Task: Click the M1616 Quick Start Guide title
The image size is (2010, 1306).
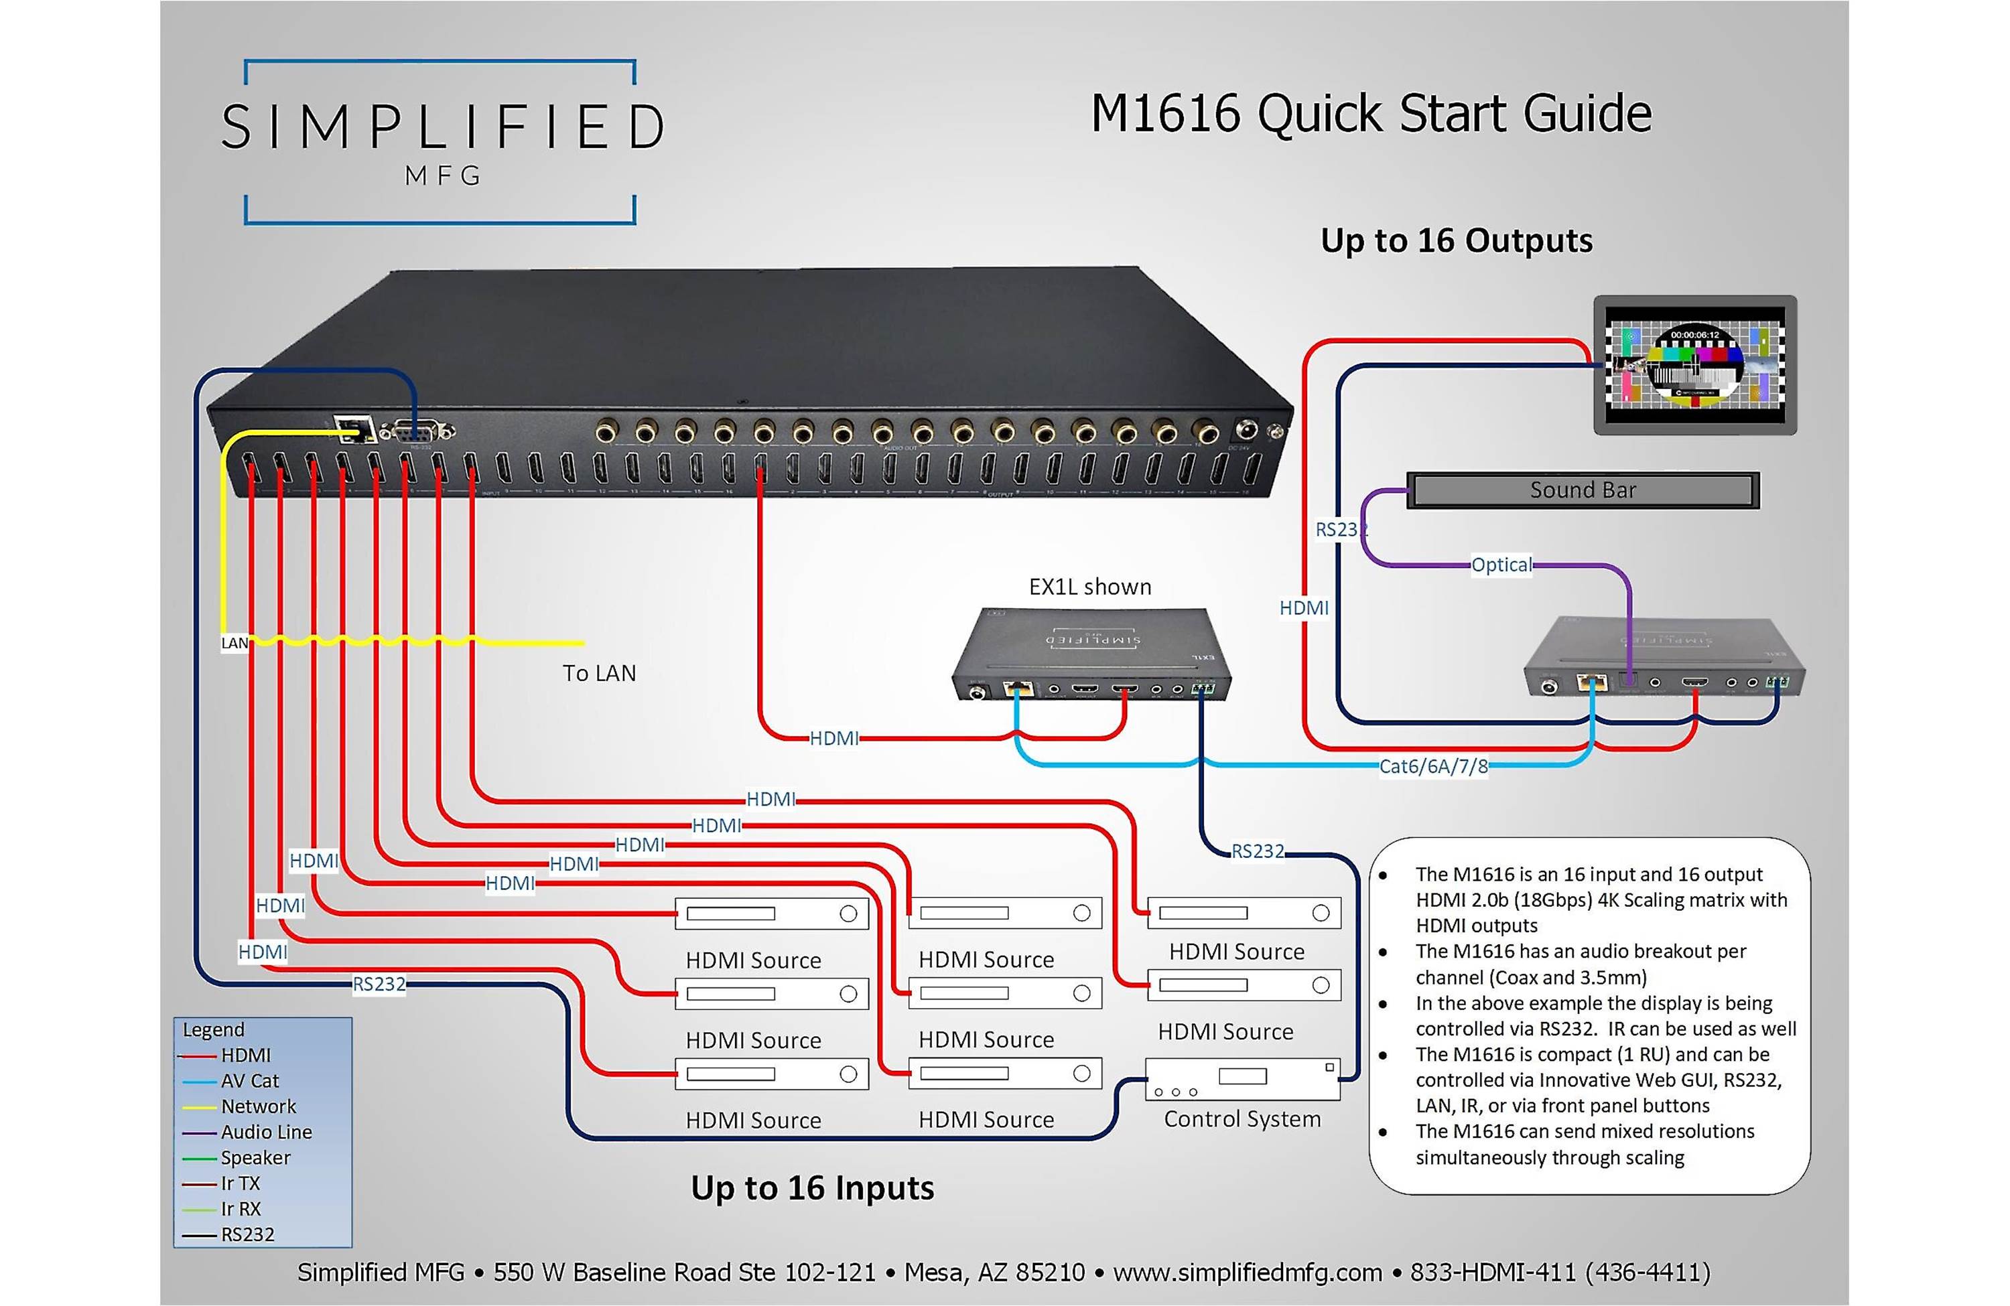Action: pos(1370,113)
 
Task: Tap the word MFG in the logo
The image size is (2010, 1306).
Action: pos(443,175)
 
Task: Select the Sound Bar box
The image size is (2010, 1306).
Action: pos(1582,490)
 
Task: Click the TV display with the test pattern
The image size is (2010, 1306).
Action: pos(1694,365)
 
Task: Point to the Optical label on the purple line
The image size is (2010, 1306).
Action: pos(1501,565)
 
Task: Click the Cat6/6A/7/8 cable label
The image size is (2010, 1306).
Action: pos(1432,766)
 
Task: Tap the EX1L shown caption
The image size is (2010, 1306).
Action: pos(1089,587)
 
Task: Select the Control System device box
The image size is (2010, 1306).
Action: pos(1242,1079)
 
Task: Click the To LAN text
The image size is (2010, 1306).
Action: pos(599,673)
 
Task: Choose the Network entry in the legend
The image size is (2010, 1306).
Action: pos(257,1106)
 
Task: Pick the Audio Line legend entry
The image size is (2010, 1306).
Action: pos(265,1132)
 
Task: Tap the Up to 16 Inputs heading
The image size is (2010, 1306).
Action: pos(811,1188)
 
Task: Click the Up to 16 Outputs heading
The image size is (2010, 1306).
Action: pos(1456,240)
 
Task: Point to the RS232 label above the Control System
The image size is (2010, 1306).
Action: pos(1257,851)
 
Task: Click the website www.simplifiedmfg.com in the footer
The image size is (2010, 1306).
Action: pos(1247,1273)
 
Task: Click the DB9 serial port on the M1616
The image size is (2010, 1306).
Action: pos(417,431)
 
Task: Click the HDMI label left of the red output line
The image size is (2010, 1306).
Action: pos(1303,608)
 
